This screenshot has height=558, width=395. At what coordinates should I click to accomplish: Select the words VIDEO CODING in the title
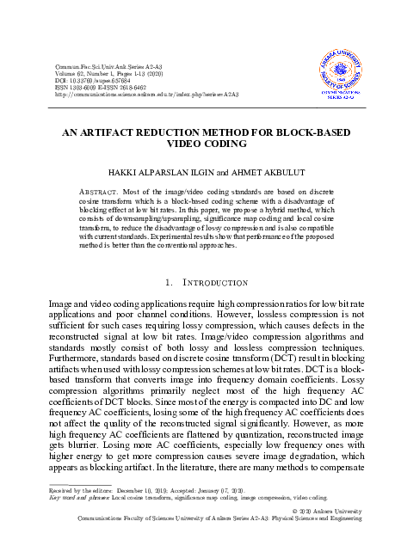coord(197,146)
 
